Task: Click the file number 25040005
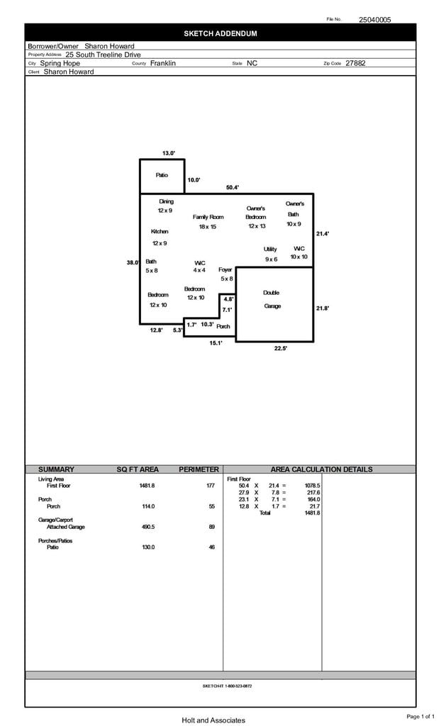pyautogui.click(x=374, y=20)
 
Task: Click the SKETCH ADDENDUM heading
pyautogui.click(x=220, y=33)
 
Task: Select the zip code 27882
pyautogui.click(x=355, y=63)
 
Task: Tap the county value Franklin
pyautogui.click(x=163, y=63)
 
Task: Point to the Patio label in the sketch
pyautogui.click(x=162, y=174)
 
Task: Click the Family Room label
pyautogui.click(x=208, y=217)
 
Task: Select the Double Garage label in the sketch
pyautogui.click(x=272, y=299)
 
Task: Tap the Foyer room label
pyautogui.click(x=225, y=270)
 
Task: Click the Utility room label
pyautogui.click(x=270, y=249)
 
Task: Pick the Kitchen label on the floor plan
pyautogui.click(x=160, y=232)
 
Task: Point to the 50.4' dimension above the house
pyautogui.click(x=233, y=187)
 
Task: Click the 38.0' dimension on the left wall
pyautogui.click(x=132, y=262)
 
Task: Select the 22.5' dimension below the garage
pyautogui.click(x=281, y=348)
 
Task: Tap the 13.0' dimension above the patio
pyautogui.click(x=168, y=153)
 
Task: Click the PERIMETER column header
pyautogui.click(x=199, y=469)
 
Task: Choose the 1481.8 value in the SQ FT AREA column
pyautogui.click(x=147, y=486)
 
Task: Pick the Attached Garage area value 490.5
pyautogui.click(x=147, y=527)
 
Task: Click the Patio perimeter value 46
pyautogui.click(x=211, y=547)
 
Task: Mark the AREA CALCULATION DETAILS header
pyautogui.click(x=321, y=469)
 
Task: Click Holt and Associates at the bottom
pyautogui.click(x=213, y=720)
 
